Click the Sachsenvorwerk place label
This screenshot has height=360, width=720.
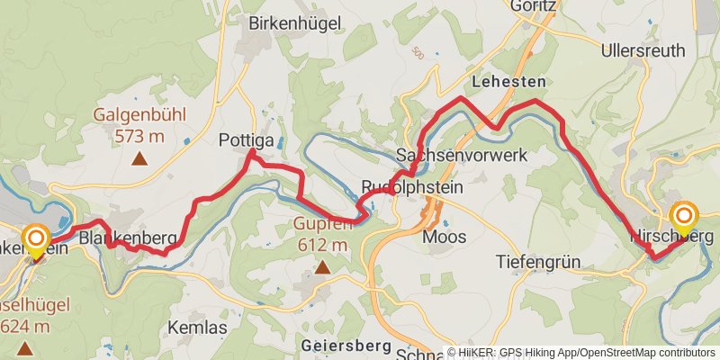click(461, 155)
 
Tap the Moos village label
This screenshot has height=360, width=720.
click(445, 237)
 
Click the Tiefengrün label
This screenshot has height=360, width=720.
click(538, 262)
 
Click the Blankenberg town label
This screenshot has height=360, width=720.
click(127, 238)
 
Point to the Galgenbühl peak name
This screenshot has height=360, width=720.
click(139, 115)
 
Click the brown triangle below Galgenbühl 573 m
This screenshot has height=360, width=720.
click(139, 159)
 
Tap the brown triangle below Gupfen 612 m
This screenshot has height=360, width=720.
click(321, 266)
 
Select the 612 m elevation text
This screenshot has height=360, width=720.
click(321, 244)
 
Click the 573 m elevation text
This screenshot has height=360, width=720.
click(139, 136)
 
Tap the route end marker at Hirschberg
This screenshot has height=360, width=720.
click(684, 216)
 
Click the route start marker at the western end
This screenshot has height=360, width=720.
click(36, 238)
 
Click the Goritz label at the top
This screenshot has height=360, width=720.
click(534, 5)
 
